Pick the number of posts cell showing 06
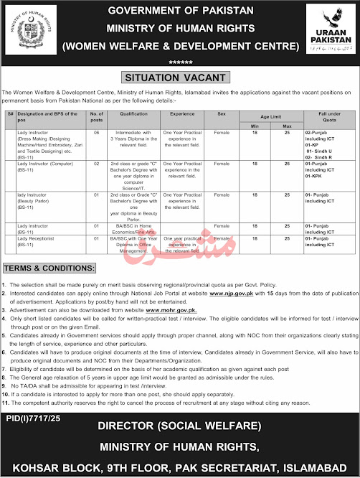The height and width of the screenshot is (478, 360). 97,133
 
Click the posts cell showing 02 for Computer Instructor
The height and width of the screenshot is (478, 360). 97,164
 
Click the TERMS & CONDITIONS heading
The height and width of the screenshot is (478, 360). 49,268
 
